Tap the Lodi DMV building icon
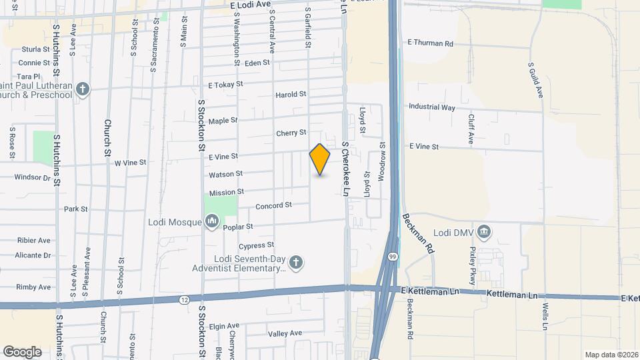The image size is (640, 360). [x=485, y=232]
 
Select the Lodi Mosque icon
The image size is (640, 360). [x=212, y=221]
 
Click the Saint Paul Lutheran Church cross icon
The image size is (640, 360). [x=83, y=89]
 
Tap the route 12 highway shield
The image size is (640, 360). [x=183, y=300]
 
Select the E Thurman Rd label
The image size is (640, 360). [x=430, y=43]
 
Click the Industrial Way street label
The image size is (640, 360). [x=431, y=107]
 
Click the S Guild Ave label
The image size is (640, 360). [x=535, y=80]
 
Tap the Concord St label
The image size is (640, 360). [x=274, y=206]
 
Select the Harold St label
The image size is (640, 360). [x=291, y=95]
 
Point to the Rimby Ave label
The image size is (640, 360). [x=34, y=287]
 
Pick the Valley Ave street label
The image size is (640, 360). [x=285, y=333]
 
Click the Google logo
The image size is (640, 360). [x=22, y=351]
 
